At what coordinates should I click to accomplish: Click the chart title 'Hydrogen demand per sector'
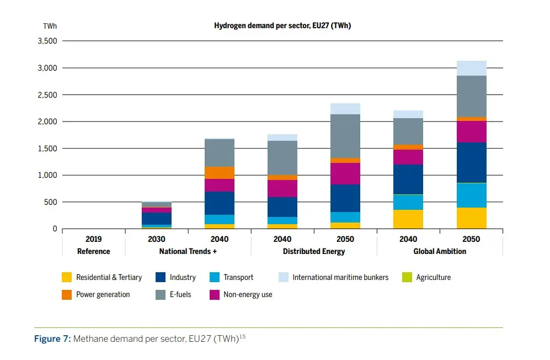pyautogui.click(x=282, y=26)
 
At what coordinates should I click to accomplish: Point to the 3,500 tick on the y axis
pyautogui.click(x=47, y=41)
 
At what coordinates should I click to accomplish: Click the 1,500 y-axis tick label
pyautogui.click(x=47, y=149)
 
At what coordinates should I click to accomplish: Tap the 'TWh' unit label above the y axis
pyautogui.click(x=50, y=26)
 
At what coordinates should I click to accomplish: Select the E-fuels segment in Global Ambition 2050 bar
pyautogui.click(x=471, y=96)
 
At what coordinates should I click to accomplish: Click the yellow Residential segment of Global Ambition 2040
pyautogui.click(x=408, y=219)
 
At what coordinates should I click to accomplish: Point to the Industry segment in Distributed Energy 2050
pyautogui.click(x=345, y=198)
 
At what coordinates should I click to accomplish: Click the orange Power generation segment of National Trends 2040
pyautogui.click(x=219, y=173)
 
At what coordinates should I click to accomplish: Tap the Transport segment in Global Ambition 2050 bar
pyautogui.click(x=471, y=195)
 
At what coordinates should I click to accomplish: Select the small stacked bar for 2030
pyautogui.click(x=157, y=215)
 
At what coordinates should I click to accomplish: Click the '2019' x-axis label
pyautogui.click(x=94, y=240)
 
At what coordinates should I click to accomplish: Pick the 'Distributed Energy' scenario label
pyautogui.click(x=314, y=251)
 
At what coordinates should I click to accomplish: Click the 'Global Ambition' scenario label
pyautogui.click(x=440, y=251)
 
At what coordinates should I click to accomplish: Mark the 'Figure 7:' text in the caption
pyautogui.click(x=52, y=338)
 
